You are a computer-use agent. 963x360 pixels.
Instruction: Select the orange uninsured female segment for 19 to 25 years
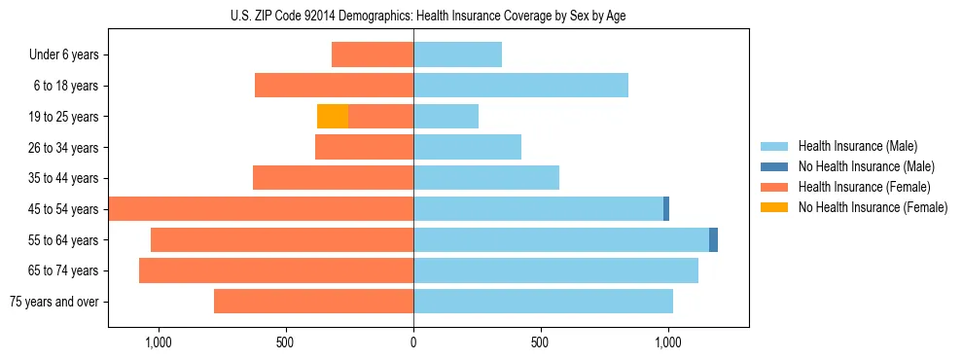(333, 117)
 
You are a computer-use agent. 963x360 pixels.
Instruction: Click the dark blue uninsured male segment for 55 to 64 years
(713, 239)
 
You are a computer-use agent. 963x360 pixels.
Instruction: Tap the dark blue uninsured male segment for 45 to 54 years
(666, 209)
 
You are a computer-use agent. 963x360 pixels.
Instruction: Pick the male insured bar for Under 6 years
(457, 54)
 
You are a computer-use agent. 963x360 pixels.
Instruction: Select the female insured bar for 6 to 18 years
(334, 86)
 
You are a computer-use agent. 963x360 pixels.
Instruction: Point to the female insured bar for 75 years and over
(313, 302)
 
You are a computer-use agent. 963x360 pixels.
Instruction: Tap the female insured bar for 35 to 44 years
(333, 178)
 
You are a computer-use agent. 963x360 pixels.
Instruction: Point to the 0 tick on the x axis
(413, 342)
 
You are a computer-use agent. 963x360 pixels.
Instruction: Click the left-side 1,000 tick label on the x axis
(159, 342)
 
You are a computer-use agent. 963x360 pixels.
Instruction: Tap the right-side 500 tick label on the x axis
(541, 342)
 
